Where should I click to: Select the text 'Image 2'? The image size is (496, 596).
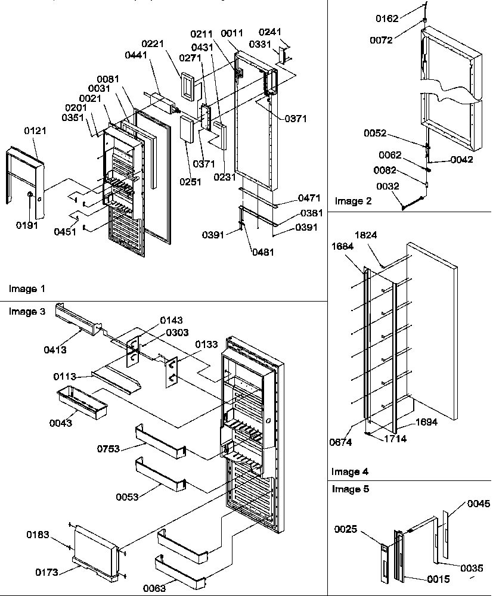point(353,201)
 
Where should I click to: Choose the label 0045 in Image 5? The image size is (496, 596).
point(479,504)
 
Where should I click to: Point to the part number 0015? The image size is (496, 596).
point(438,579)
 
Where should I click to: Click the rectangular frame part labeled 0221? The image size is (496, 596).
point(188,86)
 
